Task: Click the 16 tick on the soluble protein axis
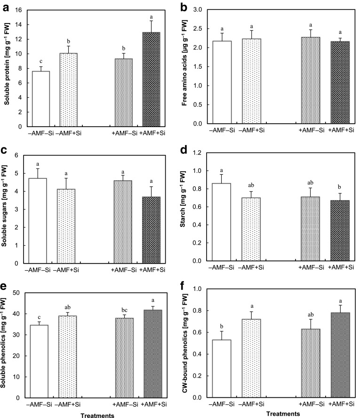tap(19, 11)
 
